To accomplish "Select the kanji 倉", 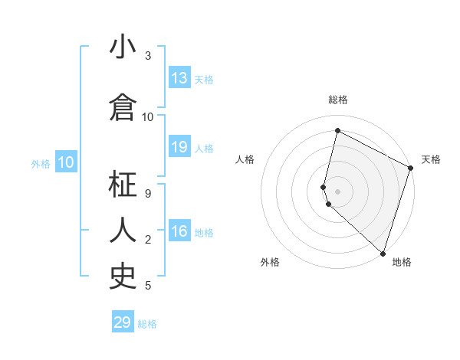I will [x=123, y=108].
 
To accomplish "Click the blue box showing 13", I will [x=179, y=78].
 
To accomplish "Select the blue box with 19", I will [x=179, y=147].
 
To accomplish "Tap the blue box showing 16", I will [x=179, y=231].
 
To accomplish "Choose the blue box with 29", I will [x=123, y=322].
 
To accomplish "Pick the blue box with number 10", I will [x=66, y=162].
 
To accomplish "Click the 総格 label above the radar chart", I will [x=337, y=100].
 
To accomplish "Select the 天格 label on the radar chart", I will [x=431, y=159].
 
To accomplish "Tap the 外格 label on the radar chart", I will [x=270, y=262].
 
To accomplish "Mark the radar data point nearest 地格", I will [x=383, y=254].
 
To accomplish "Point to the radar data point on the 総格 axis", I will [x=337, y=130].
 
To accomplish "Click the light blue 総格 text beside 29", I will [x=147, y=323].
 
